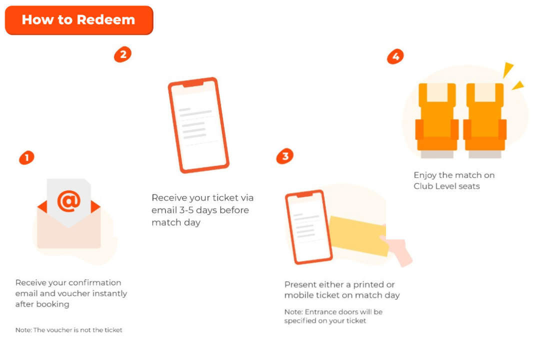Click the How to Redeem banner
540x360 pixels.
click(x=79, y=20)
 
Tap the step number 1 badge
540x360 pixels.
click(x=26, y=158)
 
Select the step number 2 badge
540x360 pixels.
click(x=122, y=54)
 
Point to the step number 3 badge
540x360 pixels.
click(x=285, y=156)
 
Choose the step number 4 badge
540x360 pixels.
click(x=395, y=56)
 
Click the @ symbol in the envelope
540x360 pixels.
click(x=69, y=201)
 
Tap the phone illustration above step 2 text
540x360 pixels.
click(x=198, y=125)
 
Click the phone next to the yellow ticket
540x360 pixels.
click(x=308, y=227)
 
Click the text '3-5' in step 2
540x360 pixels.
click(x=186, y=210)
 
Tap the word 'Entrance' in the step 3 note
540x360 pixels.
click(x=320, y=312)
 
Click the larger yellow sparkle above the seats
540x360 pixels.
click(x=507, y=69)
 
